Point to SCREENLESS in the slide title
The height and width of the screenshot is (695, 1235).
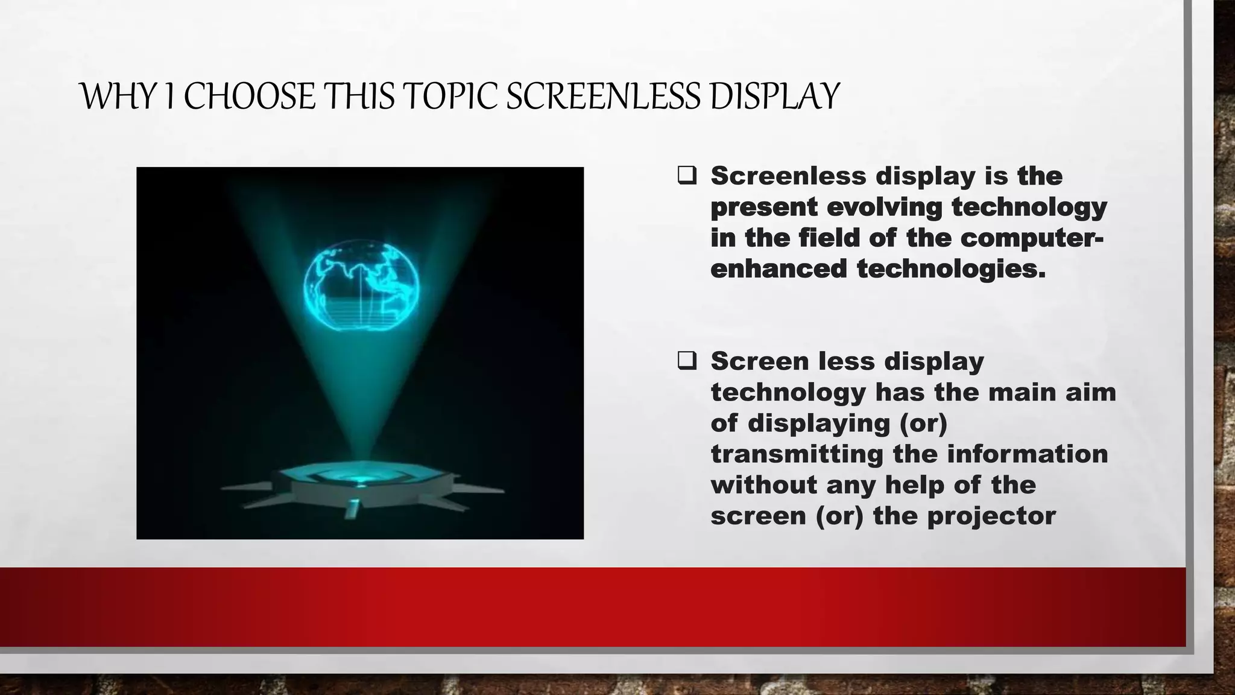click(603, 97)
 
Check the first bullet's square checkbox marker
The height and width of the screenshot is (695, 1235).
click(687, 176)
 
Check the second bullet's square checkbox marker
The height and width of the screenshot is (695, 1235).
click(687, 361)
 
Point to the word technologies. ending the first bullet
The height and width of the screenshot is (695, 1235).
click(951, 268)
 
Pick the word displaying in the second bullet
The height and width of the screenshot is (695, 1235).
click(819, 423)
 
